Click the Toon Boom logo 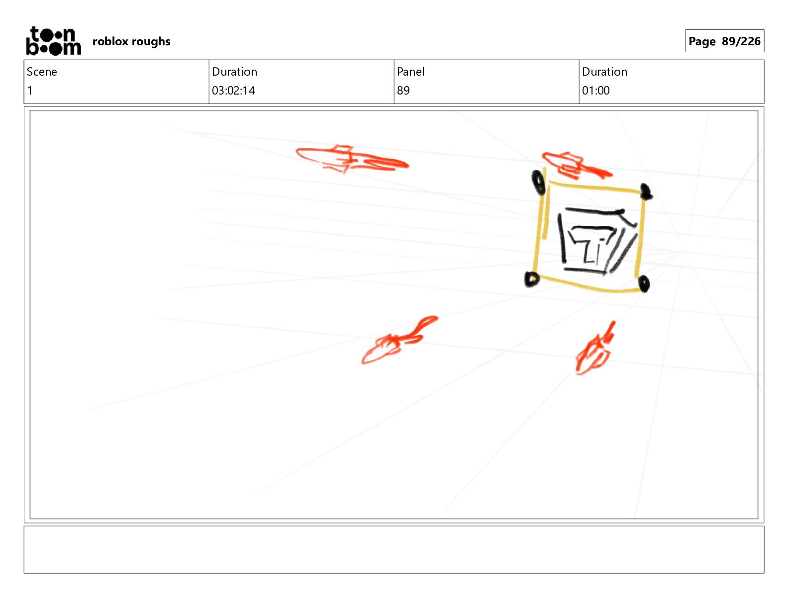click(x=54, y=41)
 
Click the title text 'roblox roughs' click(x=131, y=41)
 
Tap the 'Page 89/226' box click(x=724, y=41)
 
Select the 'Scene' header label click(x=42, y=72)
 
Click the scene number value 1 click(x=30, y=91)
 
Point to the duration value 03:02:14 click(x=233, y=91)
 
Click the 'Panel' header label click(x=410, y=72)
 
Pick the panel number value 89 click(x=403, y=91)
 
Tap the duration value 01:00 click(x=595, y=91)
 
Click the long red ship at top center click(x=352, y=160)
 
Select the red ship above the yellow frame click(x=576, y=166)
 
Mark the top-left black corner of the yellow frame click(x=538, y=182)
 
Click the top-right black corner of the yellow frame click(x=646, y=192)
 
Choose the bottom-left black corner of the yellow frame click(x=532, y=279)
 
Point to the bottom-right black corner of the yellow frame click(x=644, y=284)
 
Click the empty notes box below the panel click(x=394, y=549)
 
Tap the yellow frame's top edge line click(x=594, y=187)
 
